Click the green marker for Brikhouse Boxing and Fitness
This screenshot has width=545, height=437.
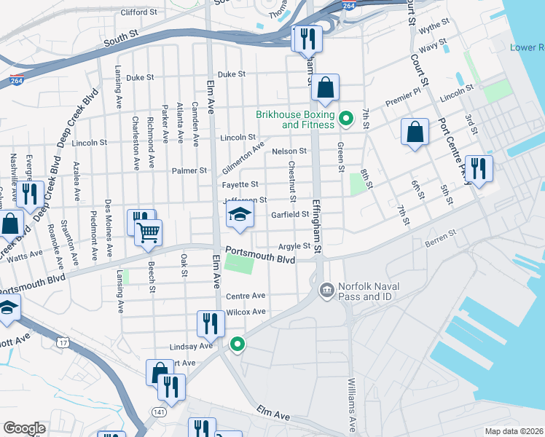click(347, 117)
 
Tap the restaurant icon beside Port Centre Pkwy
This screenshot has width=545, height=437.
click(479, 168)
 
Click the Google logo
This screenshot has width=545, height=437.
click(24, 428)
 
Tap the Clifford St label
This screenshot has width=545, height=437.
click(138, 12)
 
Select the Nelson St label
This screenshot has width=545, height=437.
click(289, 151)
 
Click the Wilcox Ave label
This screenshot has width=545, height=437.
click(246, 312)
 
